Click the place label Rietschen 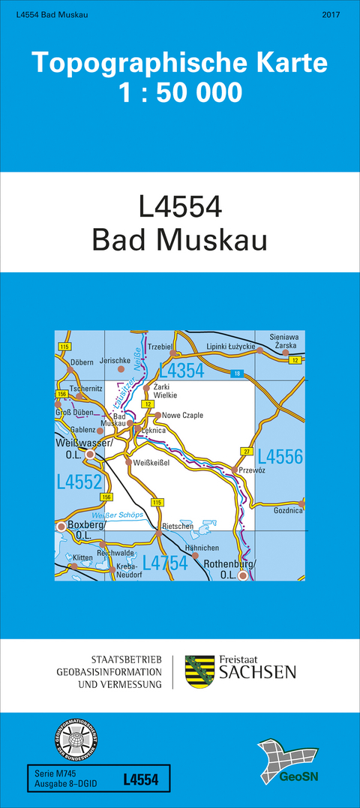[x=178, y=527]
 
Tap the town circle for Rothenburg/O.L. [x=242, y=576]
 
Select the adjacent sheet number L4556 [x=280, y=457]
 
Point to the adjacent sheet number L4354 [x=181, y=371]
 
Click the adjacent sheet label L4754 [x=165, y=563]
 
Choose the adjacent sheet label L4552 [x=78, y=482]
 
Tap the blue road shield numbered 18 [x=238, y=373]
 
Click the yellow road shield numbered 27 [x=244, y=450]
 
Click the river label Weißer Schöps [x=116, y=515]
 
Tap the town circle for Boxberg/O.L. [x=61, y=527]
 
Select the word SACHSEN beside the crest [x=256, y=673]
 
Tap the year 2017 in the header [x=331, y=15]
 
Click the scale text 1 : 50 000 [x=180, y=92]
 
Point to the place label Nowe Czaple [x=182, y=415]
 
